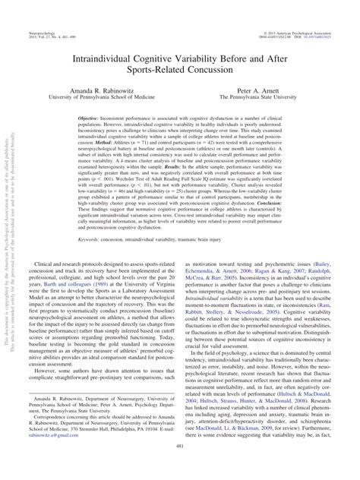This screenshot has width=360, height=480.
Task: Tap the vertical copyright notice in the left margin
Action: point(11,251)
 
